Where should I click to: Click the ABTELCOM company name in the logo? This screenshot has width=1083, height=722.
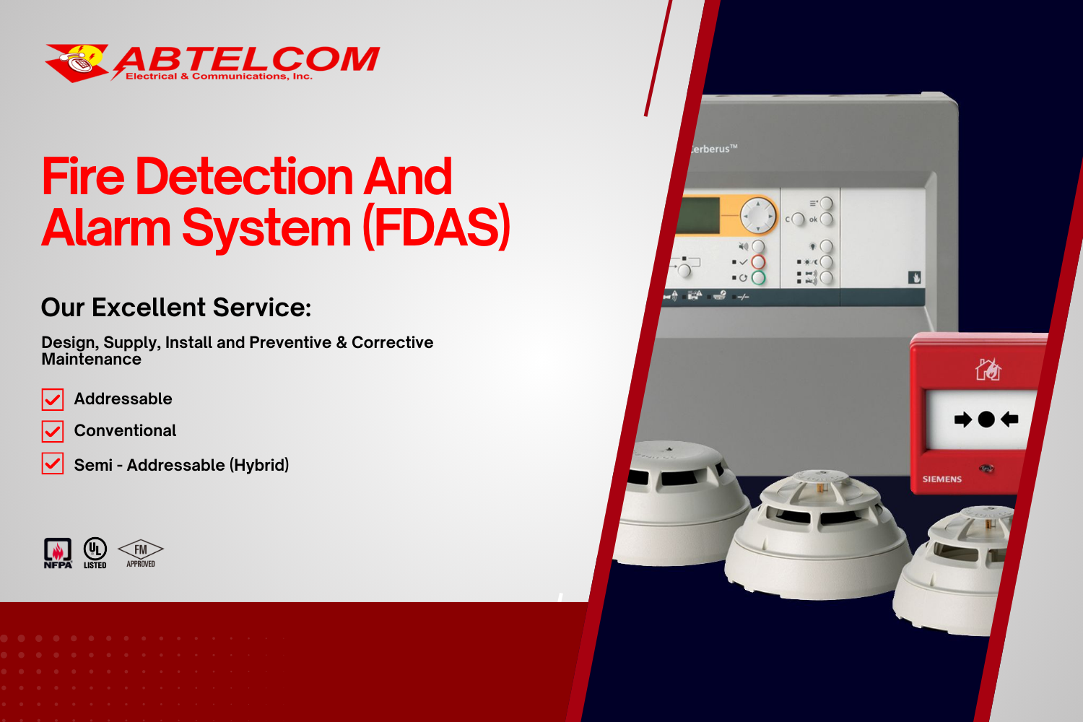(x=247, y=59)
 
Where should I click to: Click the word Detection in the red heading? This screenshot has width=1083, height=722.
(x=244, y=177)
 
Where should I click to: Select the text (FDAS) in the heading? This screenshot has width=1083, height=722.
(x=437, y=227)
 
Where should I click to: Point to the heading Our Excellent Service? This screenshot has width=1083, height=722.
(x=176, y=308)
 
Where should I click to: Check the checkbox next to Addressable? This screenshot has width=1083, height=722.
(x=53, y=399)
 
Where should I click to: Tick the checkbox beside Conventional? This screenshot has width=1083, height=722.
(x=53, y=431)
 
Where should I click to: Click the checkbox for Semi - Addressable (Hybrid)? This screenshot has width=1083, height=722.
(x=53, y=464)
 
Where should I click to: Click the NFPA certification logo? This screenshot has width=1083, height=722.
(x=58, y=553)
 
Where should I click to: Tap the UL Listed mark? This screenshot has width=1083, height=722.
(x=95, y=553)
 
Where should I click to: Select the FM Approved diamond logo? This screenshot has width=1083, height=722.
(x=141, y=553)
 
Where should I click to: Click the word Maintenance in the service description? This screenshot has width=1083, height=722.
(x=92, y=360)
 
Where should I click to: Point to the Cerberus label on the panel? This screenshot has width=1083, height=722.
(x=712, y=149)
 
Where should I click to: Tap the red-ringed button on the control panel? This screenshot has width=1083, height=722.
(x=758, y=262)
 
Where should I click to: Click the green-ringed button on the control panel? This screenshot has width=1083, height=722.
(x=758, y=277)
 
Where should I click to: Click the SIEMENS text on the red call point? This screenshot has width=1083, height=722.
(x=941, y=479)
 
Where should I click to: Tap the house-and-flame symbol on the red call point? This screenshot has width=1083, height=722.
(x=988, y=370)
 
